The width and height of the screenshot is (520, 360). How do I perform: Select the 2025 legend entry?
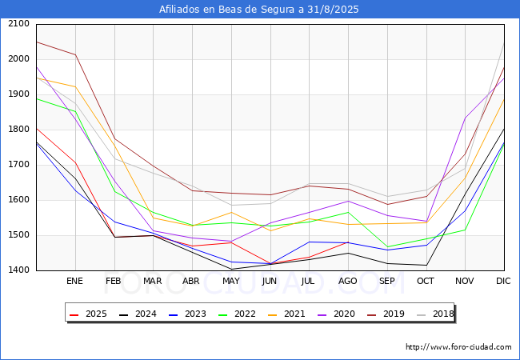coord(88,314)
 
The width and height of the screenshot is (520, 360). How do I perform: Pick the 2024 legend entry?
coord(138,314)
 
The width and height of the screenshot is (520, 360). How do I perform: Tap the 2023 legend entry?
coord(187,314)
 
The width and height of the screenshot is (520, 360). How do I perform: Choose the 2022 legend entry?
coord(237,314)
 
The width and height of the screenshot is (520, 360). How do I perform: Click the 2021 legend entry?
coord(286,314)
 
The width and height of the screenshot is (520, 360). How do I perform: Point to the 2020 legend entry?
coord(336,314)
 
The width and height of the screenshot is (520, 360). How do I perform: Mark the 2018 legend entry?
coord(435,314)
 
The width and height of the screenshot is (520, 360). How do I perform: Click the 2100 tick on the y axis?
coord(19,24)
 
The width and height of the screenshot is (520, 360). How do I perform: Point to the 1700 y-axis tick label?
coord(19,165)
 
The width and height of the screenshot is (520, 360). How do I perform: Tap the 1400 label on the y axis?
coord(19,270)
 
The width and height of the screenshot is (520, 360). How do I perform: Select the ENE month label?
coord(74,281)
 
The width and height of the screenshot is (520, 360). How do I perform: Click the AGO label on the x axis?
coord(347,281)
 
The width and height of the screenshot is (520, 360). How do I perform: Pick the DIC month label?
coord(503,281)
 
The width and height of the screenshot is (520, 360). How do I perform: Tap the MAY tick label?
coord(231,281)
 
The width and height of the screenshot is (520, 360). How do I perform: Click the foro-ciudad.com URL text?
coord(458,347)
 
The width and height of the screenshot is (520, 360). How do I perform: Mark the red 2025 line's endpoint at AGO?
coord(348,242)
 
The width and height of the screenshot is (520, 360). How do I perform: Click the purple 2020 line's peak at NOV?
coord(466,118)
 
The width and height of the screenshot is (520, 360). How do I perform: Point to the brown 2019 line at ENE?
coord(76,54)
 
